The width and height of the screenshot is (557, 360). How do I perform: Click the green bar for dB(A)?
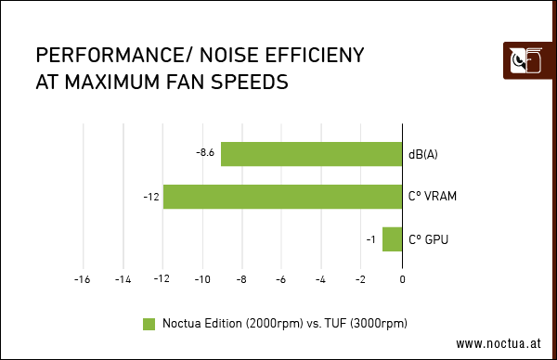[x=311, y=154]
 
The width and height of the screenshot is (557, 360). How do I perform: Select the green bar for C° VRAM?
[x=282, y=197]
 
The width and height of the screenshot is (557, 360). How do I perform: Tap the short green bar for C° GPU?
[x=392, y=239]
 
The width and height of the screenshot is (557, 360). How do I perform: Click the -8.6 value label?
[x=205, y=152]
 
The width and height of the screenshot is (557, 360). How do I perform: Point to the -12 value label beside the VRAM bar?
[x=150, y=197]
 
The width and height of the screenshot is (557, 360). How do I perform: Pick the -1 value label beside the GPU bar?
[x=370, y=240]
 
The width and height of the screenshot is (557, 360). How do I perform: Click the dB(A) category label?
[x=422, y=154]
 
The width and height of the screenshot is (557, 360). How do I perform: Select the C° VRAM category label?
[x=433, y=197]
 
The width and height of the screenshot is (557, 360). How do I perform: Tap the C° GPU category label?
[x=429, y=240]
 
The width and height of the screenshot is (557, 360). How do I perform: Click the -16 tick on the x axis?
[x=83, y=278]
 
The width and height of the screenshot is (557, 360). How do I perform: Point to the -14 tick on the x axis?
[x=122, y=278]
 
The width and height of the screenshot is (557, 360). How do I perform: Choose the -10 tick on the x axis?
[x=201, y=278]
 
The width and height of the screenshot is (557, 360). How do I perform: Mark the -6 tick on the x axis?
[x=281, y=278]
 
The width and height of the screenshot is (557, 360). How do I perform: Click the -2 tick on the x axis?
[x=361, y=278]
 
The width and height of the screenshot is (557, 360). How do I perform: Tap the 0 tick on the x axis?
[x=402, y=278]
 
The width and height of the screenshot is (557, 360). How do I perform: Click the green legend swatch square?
[x=149, y=324]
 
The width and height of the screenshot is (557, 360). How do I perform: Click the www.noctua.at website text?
[x=498, y=343]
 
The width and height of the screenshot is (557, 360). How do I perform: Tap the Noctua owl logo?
[x=524, y=63]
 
